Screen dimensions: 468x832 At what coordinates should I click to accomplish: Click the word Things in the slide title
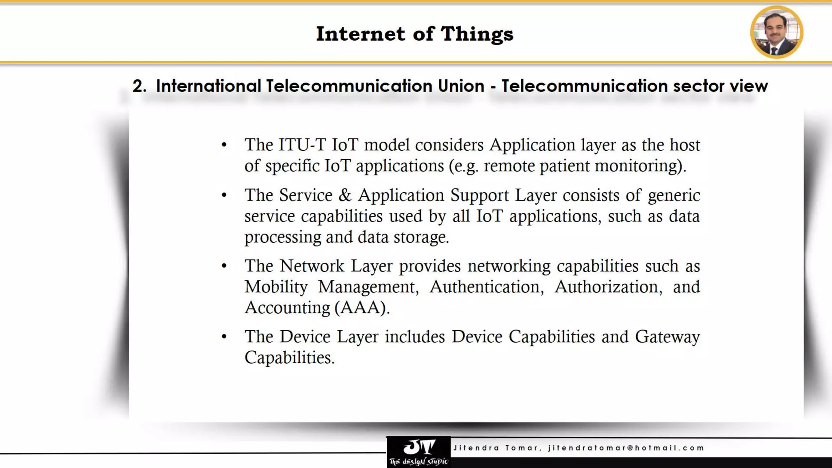pyautogui.click(x=477, y=34)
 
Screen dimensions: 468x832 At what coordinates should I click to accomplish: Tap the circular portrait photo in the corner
pyautogui.click(x=776, y=32)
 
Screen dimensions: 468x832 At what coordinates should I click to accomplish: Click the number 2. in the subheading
pyautogui.click(x=139, y=86)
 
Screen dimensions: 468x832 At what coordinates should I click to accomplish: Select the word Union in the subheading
pyautogui.click(x=461, y=86)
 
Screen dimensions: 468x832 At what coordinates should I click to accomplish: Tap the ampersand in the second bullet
pyautogui.click(x=345, y=195)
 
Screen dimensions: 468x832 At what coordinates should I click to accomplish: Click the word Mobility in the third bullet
pyautogui.click(x=276, y=287)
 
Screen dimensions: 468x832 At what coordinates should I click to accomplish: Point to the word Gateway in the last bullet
pyautogui.click(x=667, y=337)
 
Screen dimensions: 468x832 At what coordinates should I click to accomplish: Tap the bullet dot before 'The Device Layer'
pyautogui.click(x=224, y=337)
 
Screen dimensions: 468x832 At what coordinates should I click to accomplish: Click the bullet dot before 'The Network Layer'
pyautogui.click(x=224, y=266)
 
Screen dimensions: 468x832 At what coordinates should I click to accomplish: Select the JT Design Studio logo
pyautogui.click(x=418, y=452)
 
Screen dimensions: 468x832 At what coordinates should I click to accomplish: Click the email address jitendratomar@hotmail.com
pyautogui.click(x=626, y=448)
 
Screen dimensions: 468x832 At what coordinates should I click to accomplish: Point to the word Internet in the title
pyautogui.click(x=361, y=34)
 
